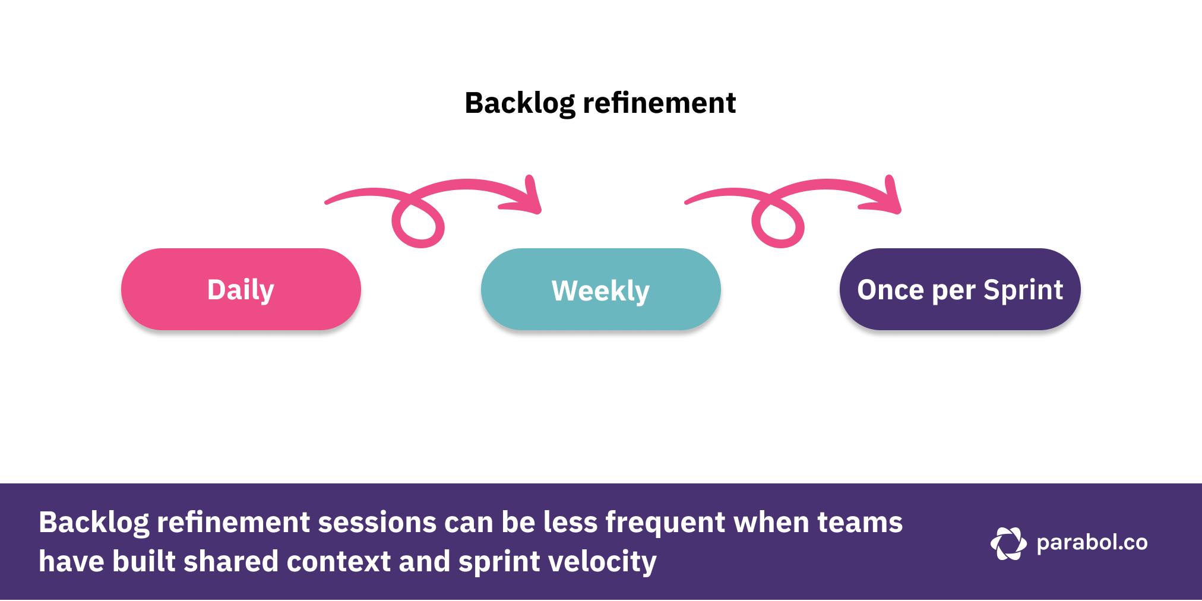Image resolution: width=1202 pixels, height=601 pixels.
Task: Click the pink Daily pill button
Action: click(241, 289)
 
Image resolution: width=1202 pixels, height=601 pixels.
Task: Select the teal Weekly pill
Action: click(600, 289)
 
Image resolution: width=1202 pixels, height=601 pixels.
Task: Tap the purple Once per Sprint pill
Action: click(960, 289)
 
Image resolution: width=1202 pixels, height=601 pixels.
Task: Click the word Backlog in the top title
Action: click(520, 103)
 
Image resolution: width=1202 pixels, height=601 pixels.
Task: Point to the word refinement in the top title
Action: click(659, 103)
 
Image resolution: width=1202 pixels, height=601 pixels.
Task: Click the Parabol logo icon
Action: click(1008, 543)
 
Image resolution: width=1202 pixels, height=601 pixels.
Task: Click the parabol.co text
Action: click(1092, 543)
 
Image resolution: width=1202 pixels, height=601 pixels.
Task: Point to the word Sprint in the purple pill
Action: click(1023, 290)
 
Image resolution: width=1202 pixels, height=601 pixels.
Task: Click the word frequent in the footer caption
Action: click(665, 523)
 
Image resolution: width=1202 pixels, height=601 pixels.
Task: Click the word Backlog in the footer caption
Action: click(93, 523)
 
